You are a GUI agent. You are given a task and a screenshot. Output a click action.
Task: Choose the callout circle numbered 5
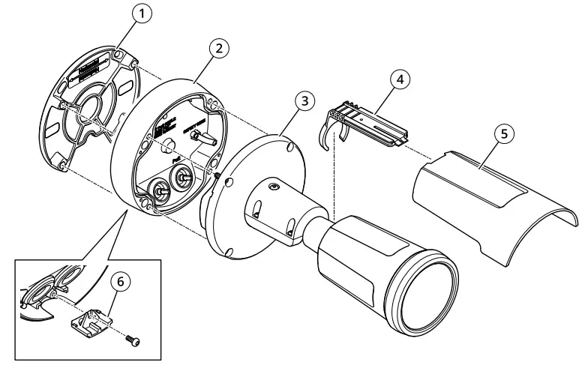click(x=505, y=133)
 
